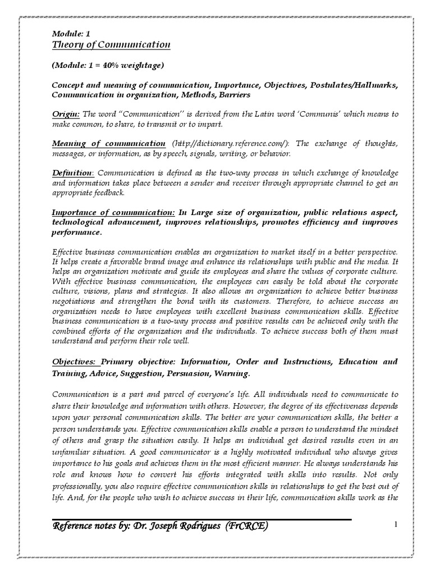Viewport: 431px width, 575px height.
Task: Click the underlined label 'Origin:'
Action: (66, 114)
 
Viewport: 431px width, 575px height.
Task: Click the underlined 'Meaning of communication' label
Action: (108, 144)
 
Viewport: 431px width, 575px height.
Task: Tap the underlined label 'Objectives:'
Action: (75, 362)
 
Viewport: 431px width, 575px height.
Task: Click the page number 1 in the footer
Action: (396, 524)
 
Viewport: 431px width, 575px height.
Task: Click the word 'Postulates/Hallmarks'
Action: (345, 85)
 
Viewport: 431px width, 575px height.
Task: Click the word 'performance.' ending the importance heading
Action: (77, 233)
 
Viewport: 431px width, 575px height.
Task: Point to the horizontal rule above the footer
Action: (202, 519)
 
